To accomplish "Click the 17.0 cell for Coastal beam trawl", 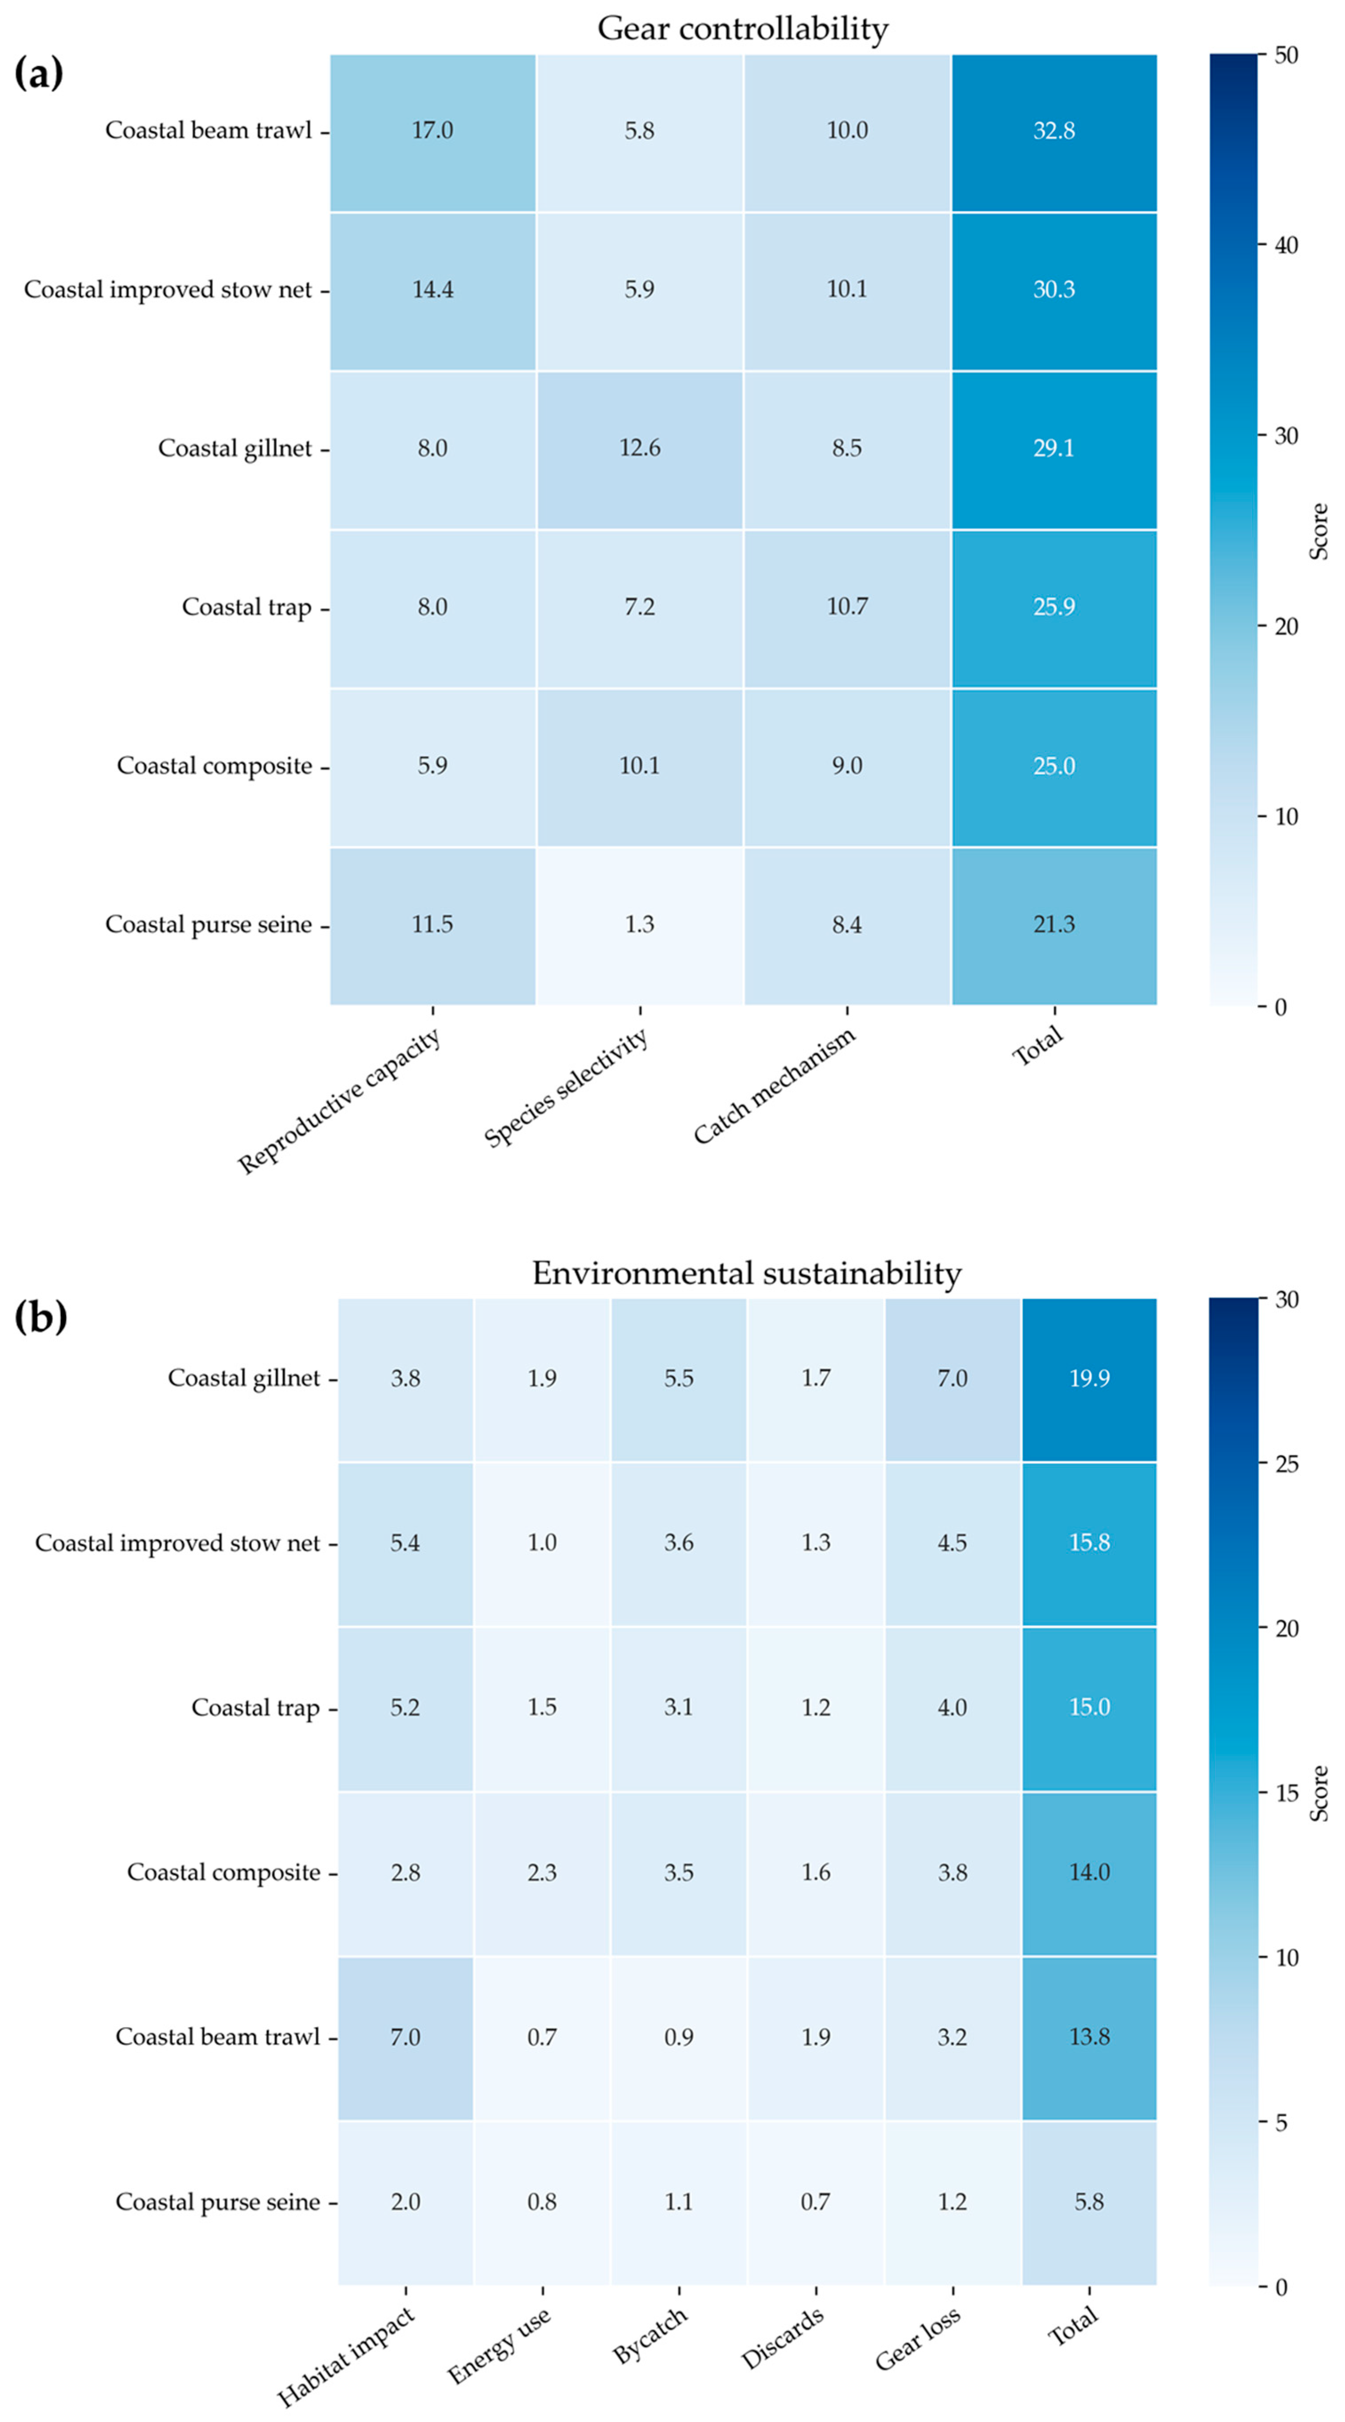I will [x=432, y=131].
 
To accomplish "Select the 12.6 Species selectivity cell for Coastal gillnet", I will [x=640, y=449].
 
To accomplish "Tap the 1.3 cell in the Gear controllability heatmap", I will [x=640, y=925].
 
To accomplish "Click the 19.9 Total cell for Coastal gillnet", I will [x=1089, y=1378].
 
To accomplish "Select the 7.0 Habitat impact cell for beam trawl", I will [x=405, y=2037].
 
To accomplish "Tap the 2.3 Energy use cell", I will [x=542, y=1872].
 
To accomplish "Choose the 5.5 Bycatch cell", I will [x=678, y=1378].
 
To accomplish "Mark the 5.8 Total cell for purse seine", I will [x=1089, y=2202].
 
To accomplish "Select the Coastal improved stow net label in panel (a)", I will [x=168, y=290].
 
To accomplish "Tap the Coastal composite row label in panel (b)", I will [x=224, y=1872].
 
